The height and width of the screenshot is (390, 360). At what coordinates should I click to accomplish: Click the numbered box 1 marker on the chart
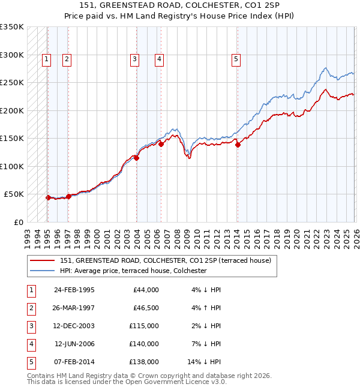pos(47,59)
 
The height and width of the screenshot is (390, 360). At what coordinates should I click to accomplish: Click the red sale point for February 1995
pos(48,197)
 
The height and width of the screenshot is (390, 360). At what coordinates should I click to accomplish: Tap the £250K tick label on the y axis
pos(12,83)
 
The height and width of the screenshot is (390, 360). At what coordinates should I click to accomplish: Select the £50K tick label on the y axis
pos(14,194)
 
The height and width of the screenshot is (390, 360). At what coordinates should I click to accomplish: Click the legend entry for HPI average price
pos(133,271)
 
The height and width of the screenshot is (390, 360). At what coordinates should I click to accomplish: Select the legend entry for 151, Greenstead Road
pos(166,260)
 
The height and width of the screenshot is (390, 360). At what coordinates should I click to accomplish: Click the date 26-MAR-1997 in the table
pos(74,308)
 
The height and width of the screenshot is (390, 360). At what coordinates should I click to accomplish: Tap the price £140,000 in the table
pos(144,344)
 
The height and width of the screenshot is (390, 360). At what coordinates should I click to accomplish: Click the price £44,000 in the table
pos(146,290)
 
